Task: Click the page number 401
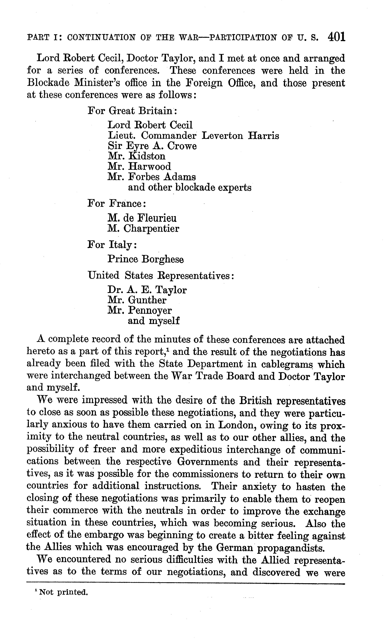click(337, 37)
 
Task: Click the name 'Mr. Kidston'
click(136, 156)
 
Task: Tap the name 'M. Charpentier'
click(143, 228)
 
